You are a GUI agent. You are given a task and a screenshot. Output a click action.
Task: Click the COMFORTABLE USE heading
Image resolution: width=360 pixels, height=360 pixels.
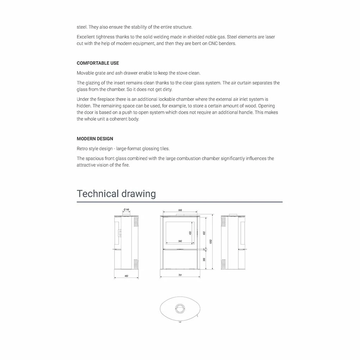(98, 63)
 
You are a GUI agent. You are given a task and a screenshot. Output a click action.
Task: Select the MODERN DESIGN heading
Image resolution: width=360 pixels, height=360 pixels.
(95, 139)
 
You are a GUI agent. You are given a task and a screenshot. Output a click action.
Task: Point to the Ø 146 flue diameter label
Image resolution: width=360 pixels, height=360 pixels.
(126, 209)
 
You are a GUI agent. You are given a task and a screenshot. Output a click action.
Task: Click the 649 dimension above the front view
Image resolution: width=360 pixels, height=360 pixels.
(180, 210)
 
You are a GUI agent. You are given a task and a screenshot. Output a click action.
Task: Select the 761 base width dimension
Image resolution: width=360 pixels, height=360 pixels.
(180, 275)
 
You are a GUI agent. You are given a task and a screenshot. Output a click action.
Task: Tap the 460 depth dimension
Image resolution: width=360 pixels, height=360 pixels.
(126, 276)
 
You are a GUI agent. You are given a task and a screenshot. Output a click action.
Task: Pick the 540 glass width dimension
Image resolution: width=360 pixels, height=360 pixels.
(180, 241)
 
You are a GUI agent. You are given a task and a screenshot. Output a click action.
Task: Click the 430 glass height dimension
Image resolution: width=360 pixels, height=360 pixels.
(190, 233)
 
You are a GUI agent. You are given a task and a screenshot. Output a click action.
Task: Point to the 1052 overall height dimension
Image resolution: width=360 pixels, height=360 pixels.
(211, 241)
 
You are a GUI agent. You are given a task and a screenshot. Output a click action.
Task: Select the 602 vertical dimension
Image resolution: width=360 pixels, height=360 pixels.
(204, 233)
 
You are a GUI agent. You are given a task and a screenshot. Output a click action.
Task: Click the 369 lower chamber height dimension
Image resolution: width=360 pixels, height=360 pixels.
(204, 259)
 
